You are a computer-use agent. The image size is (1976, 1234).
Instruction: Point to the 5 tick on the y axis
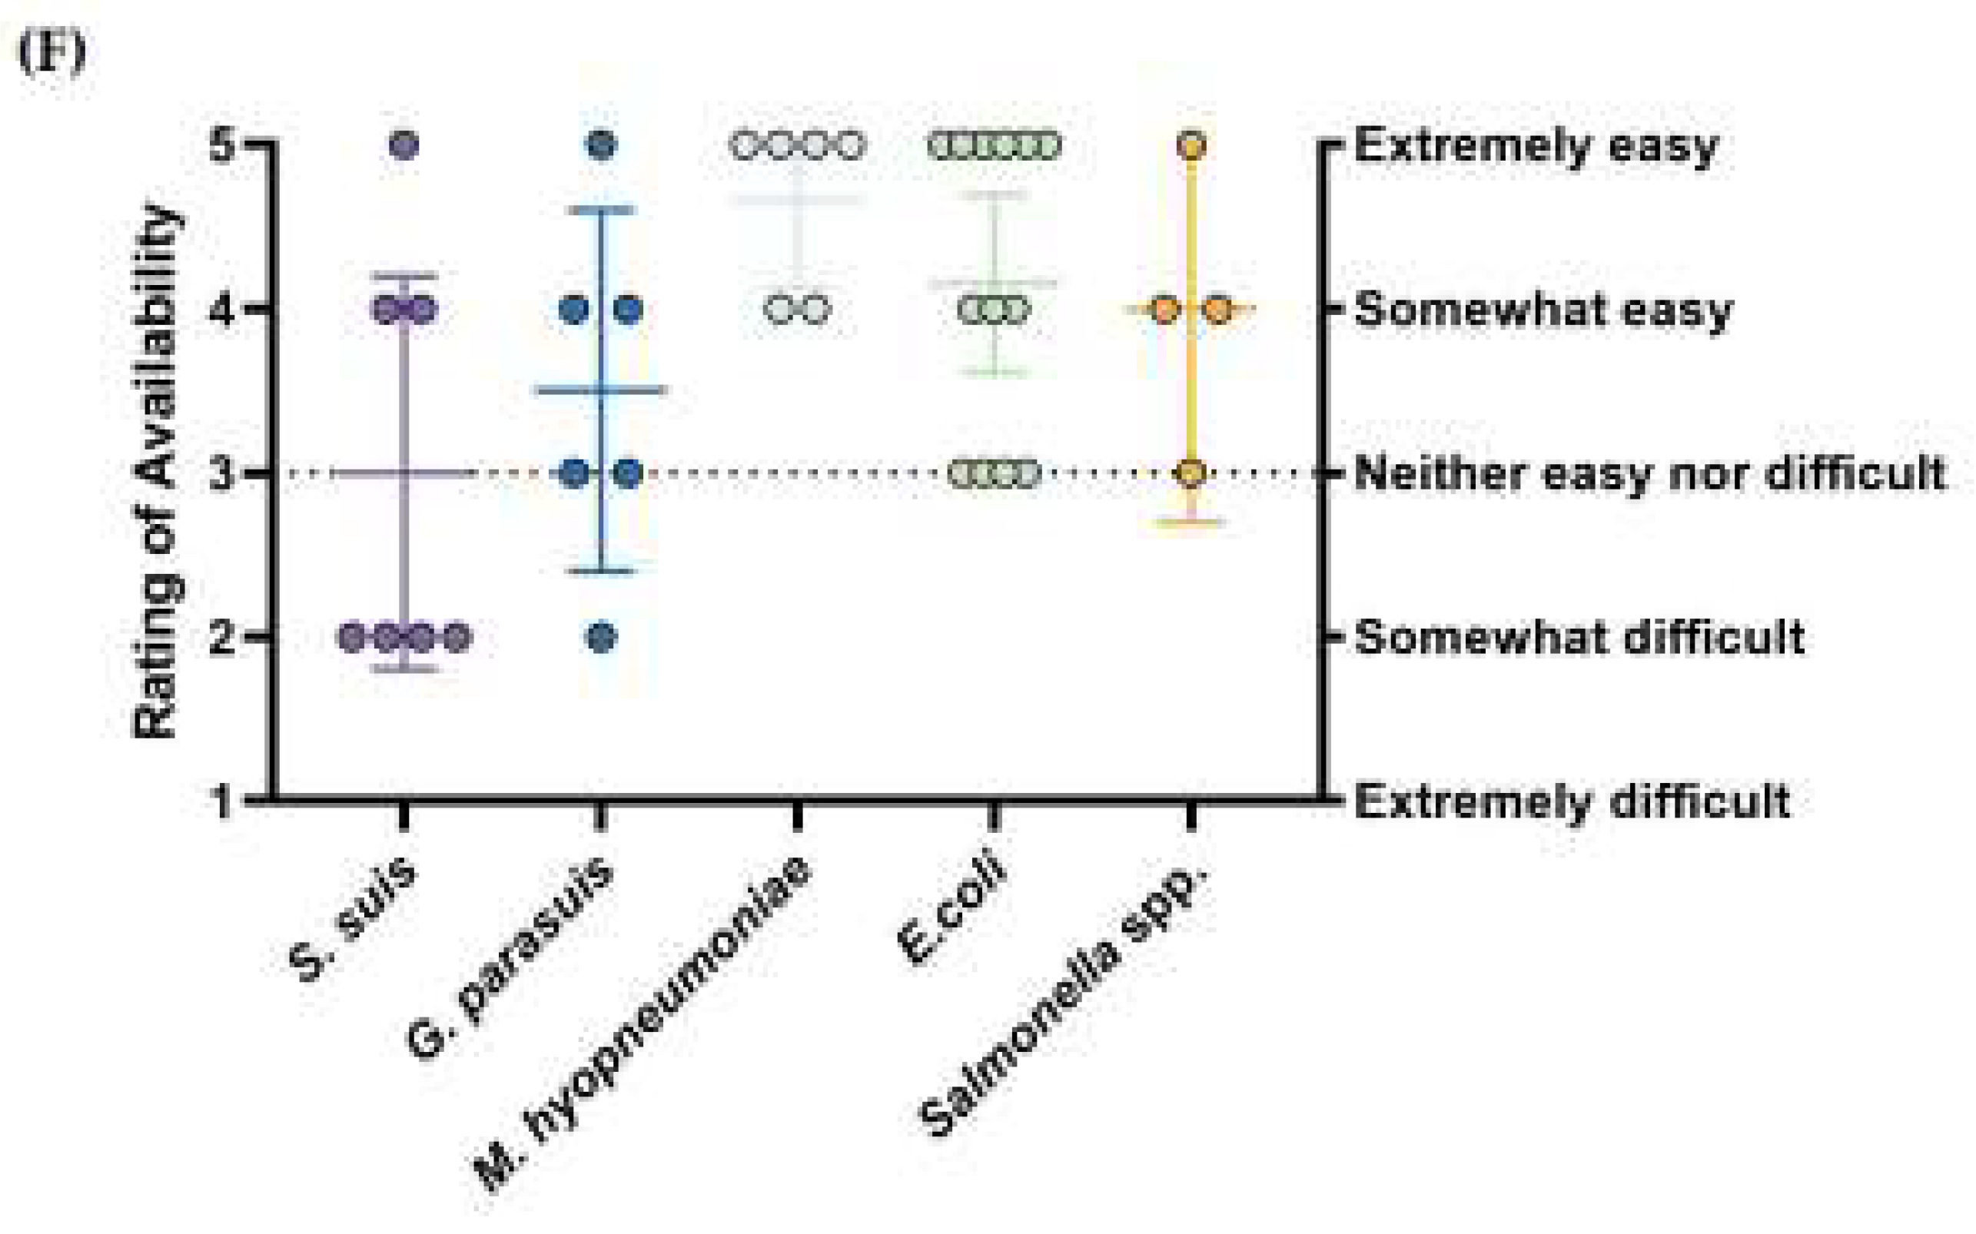click(x=222, y=146)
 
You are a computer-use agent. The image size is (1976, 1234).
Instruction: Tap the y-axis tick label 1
click(x=222, y=801)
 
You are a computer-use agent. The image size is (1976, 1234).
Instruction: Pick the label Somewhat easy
click(x=1543, y=311)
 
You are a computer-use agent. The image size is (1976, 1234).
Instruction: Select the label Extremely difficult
click(x=1572, y=801)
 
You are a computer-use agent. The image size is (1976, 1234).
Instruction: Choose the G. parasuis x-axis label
click(x=510, y=958)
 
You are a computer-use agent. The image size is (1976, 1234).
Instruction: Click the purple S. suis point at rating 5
click(x=404, y=146)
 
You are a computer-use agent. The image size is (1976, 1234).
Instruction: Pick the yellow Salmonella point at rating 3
click(x=1191, y=473)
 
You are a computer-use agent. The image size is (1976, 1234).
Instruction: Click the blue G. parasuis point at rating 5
click(x=602, y=146)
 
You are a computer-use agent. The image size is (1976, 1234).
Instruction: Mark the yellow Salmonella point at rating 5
click(x=1191, y=146)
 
